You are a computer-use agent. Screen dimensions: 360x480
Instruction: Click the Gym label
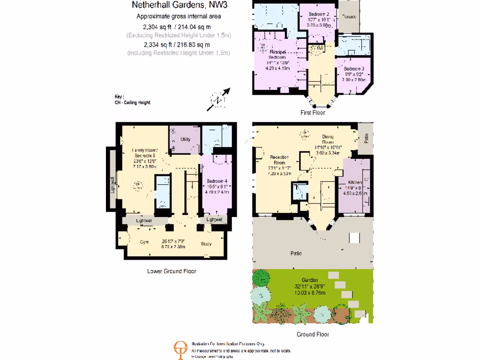click(144, 243)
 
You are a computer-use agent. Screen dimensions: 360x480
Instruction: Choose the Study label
click(206, 243)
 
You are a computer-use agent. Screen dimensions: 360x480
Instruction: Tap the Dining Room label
click(328, 139)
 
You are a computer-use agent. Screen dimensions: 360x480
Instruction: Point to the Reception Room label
click(279, 160)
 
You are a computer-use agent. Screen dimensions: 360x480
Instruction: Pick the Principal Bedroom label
click(277, 54)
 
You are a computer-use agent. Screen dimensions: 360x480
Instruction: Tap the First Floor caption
click(313, 113)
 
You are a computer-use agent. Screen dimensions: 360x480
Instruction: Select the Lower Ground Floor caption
click(172, 271)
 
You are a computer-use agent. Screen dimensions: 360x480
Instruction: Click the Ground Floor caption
click(313, 334)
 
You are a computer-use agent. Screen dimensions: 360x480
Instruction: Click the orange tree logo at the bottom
click(180, 349)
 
